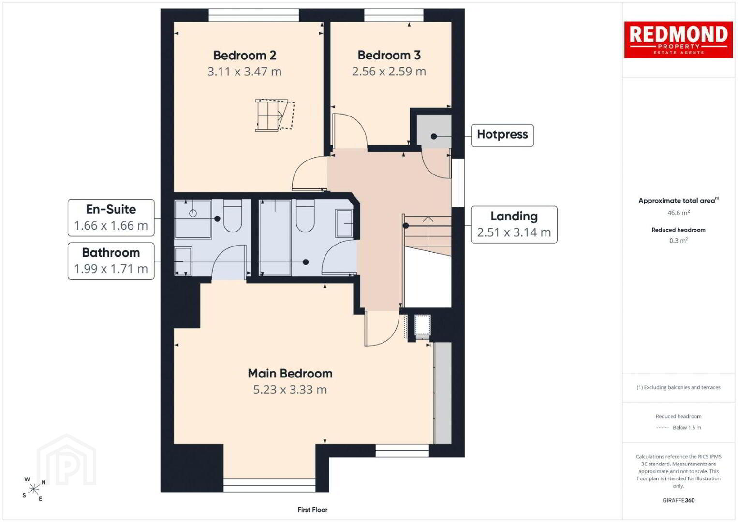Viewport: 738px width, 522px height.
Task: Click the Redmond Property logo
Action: (x=679, y=40)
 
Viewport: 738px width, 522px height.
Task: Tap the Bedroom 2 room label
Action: (x=244, y=55)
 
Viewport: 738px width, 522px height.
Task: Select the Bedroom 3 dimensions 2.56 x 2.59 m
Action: (x=389, y=72)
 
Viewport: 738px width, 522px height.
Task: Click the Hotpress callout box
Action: (x=502, y=135)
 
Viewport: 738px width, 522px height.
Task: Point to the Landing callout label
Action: (x=514, y=217)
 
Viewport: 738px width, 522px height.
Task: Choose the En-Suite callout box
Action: (x=111, y=217)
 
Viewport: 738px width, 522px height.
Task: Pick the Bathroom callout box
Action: (x=111, y=261)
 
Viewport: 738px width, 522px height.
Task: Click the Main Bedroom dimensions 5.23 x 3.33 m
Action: (x=290, y=390)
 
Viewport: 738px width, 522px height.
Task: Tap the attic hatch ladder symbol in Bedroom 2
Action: (x=274, y=116)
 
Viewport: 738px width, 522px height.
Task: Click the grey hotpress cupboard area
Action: (x=434, y=131)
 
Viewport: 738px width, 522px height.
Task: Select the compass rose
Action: (x=33, y=489)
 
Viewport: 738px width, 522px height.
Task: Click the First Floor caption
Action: (x=312, y=510)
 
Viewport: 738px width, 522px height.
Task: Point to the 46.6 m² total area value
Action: (x=679, y=213)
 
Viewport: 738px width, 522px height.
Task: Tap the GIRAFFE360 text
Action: (x=679, y=500)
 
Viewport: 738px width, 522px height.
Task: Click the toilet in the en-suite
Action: (x=233, y=216)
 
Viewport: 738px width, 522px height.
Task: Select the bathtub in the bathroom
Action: (x=275, y=237)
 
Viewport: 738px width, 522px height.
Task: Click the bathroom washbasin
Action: (x=344, y=223)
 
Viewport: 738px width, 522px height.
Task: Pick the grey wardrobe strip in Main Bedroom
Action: (x=443, y=393)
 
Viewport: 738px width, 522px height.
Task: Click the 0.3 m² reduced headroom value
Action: (x=679, y=240)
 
